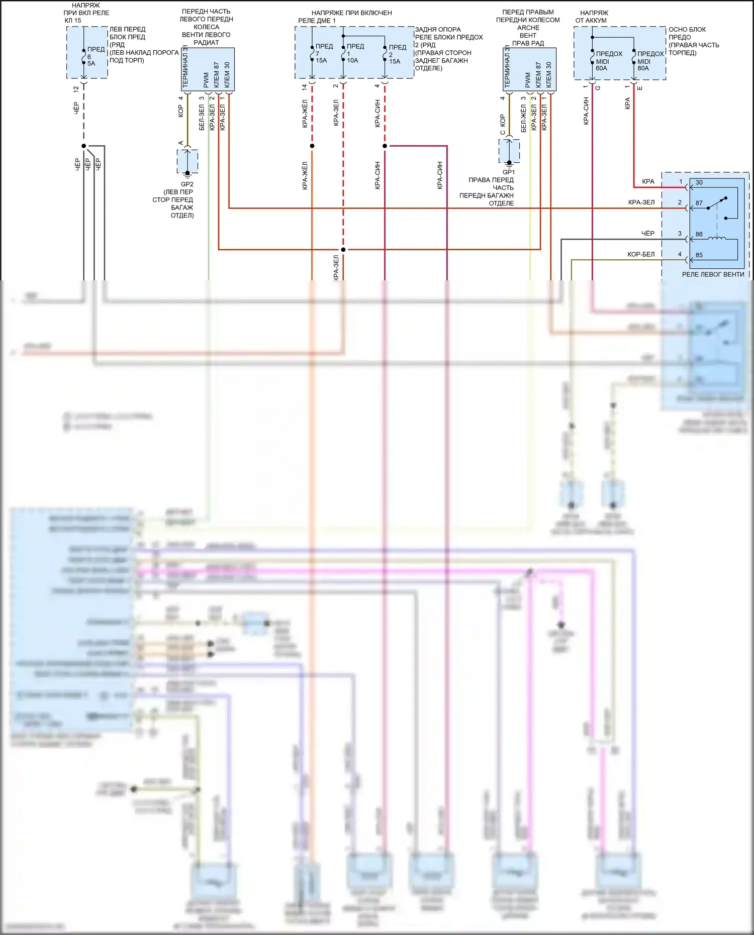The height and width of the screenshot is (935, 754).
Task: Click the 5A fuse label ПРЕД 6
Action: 95,56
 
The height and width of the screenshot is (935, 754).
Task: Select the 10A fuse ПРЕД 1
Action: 354,53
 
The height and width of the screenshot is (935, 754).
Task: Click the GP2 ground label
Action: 187,184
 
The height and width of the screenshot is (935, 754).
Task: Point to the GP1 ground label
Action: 509,172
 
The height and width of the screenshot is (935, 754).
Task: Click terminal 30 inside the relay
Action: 699,182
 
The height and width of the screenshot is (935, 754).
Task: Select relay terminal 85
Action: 699,255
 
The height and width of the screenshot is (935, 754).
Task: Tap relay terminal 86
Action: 699,234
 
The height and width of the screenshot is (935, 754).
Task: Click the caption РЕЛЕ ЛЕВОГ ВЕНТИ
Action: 713,274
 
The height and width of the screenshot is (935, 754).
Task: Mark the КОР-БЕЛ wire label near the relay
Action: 641,254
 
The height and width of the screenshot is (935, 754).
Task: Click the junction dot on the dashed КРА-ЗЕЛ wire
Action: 343,250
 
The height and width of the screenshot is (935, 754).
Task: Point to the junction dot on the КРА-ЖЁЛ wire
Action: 312,146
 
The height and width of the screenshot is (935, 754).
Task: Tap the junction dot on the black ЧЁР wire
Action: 84,146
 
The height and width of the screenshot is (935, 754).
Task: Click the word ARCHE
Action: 528,28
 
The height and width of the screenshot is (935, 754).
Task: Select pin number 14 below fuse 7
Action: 305,87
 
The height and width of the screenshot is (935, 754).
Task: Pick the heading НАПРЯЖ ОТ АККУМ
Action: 592,17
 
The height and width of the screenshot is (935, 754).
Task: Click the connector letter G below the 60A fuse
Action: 598,88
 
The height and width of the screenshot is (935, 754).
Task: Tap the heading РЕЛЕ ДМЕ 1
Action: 317,21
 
